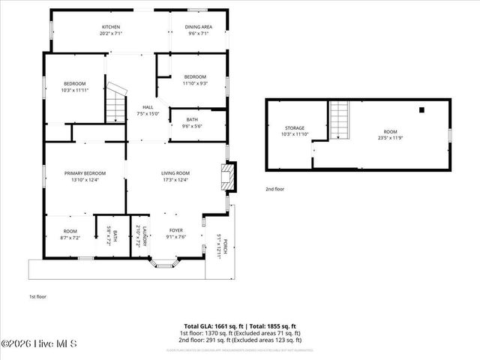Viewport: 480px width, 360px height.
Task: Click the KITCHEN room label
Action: tap(110, 27)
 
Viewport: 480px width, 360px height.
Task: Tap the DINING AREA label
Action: tap(199, 27)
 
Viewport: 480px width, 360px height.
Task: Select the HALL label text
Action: tap(148, 107)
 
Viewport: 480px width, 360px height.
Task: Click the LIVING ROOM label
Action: tap(175, 173)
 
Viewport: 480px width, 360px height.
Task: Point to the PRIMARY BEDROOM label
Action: tap(85, 173)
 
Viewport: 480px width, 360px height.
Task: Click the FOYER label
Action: tap(175, 230)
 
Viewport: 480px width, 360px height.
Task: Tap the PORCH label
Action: tap(223, 245)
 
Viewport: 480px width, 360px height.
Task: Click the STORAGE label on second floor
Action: tap(294, 128)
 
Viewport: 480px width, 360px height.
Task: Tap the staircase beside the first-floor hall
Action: tap(114, 105)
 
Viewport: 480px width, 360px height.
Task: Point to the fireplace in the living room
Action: tap(226, 178)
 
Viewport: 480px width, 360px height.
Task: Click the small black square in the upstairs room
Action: tap(422, 109)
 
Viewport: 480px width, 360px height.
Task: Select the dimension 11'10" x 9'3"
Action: tap(195, 83)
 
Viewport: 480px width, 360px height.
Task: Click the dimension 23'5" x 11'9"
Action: tap(390, 138)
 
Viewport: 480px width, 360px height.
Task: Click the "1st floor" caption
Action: tap(37, 296)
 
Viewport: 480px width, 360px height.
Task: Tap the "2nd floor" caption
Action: tap(274, 189)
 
